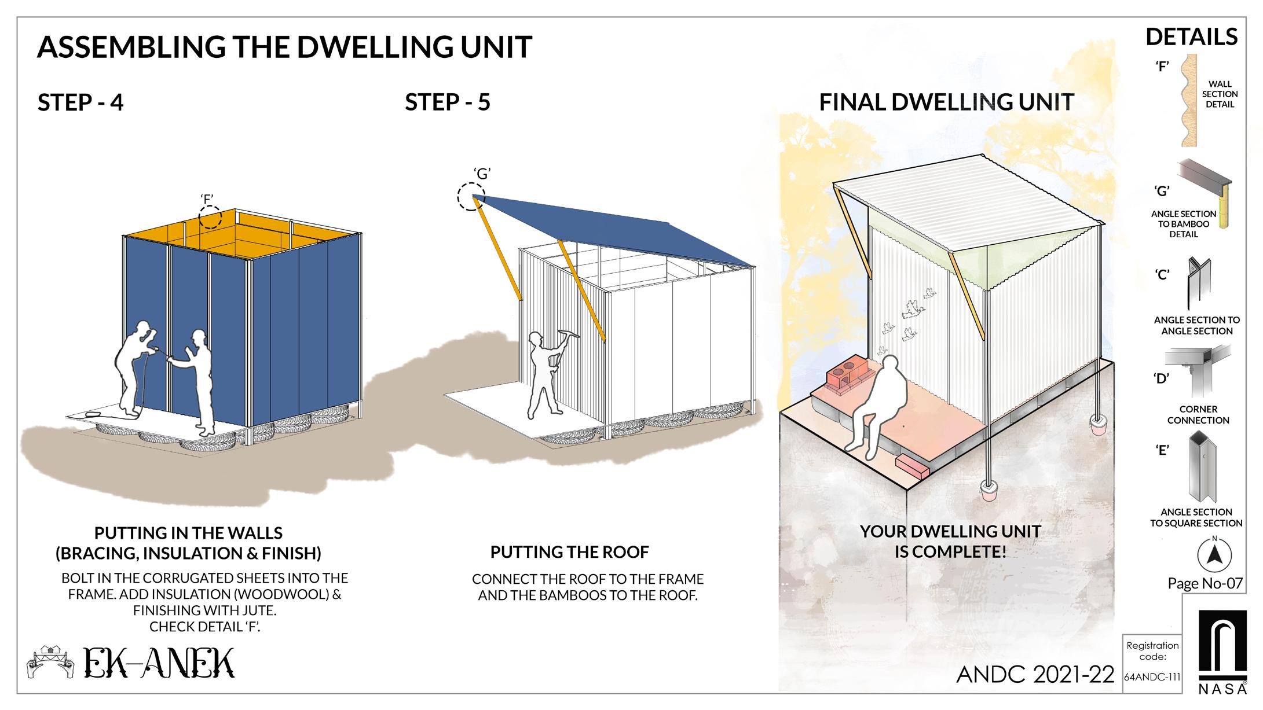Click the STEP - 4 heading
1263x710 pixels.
coord(80,102)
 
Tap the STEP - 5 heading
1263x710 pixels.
coord(448,102)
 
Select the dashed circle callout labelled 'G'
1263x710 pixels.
coord(471,197)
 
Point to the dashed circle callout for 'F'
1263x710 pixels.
coord(210,218)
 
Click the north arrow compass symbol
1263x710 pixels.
coord(1214,554)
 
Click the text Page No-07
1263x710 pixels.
coord(1205,583)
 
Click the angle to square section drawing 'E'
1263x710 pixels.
coord(1202,468)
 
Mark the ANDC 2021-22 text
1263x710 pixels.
coord(1035,674)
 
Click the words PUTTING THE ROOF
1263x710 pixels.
coord(569,552)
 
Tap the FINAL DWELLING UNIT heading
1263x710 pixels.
coord(946,102)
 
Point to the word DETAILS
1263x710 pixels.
coord(1191,38)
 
